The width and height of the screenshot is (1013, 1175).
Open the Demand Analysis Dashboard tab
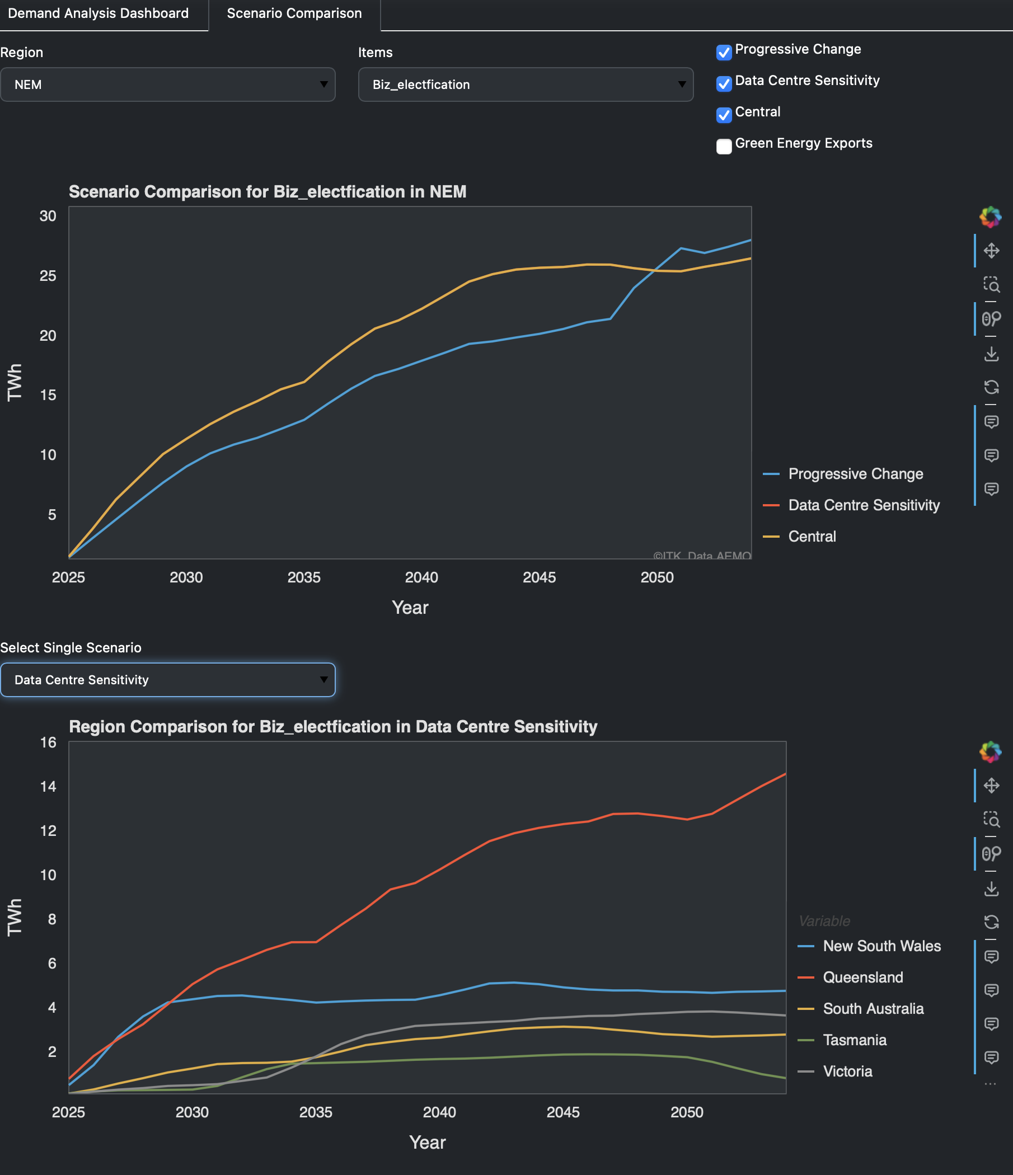pyautogui.click(x=98, y=13)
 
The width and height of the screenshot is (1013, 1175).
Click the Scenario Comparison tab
pyautogui.click(x=294, y=13)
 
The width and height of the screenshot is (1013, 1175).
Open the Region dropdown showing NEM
pyautogui.click(x=167, y=84)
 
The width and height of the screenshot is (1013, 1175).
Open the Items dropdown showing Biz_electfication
pyautogui.click(x=525, y=84)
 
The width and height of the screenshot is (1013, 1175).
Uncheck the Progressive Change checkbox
pyautogui.click(x=724, y=53)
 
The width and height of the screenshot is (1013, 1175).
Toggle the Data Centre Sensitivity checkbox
pyautogui.click(x=724, y=84)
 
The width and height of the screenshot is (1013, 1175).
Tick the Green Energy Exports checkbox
pyautogui.click(x=724, y=146)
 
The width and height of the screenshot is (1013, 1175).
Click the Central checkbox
pyautogui.click(x=724, y=115)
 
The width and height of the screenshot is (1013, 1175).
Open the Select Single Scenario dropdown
pyautogui.click(x=167, y=679)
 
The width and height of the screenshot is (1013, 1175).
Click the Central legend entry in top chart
pyautogui.click(x=812, y=537)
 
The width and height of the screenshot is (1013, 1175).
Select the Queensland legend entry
pyautogui.click(x=862, y=977)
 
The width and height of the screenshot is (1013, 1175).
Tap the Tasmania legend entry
pyautogui.click(x=854, y=1040)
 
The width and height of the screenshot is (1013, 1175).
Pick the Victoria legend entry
pyautogui.click(x=847, y=1071)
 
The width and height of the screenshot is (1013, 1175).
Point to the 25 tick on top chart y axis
pyautogui.click(x=48, y=276)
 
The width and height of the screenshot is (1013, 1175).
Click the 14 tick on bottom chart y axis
pyautogui.click(x=48, y=787)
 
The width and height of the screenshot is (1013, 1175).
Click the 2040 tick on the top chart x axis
pyautogui.click(x=421, y=577)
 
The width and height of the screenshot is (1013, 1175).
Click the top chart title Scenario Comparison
pyautogui.click(x=267, y=192)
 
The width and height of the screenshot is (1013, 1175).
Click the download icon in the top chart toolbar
pyautogui.click(x=991, y=354)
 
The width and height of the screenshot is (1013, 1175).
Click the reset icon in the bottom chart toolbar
pyautogui.click(x=991, y=922)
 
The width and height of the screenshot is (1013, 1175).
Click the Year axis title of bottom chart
pyautogui.click(x=427, y=1142)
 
